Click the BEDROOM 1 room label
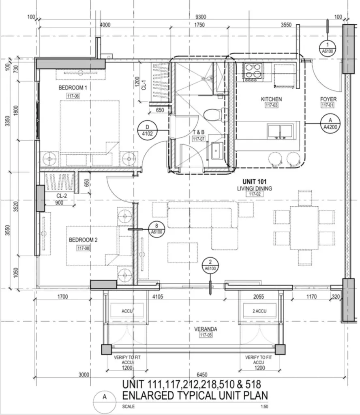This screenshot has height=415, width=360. pos(73,88)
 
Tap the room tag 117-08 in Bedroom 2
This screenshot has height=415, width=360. pos(83,248)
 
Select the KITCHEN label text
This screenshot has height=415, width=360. pos(271,99)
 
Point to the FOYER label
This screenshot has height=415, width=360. pos(328,99)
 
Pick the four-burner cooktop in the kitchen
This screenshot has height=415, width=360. pos(254,72)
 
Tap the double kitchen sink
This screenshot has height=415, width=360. pos(280,131)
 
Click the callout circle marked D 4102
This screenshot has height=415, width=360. pos(148,130)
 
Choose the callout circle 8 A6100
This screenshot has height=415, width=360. pos(156,229)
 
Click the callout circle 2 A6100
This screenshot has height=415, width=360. pos(210,265)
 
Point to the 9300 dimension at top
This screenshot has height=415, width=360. pos(201,17)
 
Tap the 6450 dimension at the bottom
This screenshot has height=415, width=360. pos(202,375)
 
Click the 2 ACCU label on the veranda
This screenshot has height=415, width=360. pos(259,311)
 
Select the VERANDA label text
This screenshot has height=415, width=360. pos(206,329)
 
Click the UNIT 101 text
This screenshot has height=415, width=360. pos(254,182)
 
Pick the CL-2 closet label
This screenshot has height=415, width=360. pos(62,196)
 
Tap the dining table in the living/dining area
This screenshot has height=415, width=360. pos(304,228)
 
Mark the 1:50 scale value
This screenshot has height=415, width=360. pos(264,406)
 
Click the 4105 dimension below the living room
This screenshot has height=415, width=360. pos(158,297)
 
